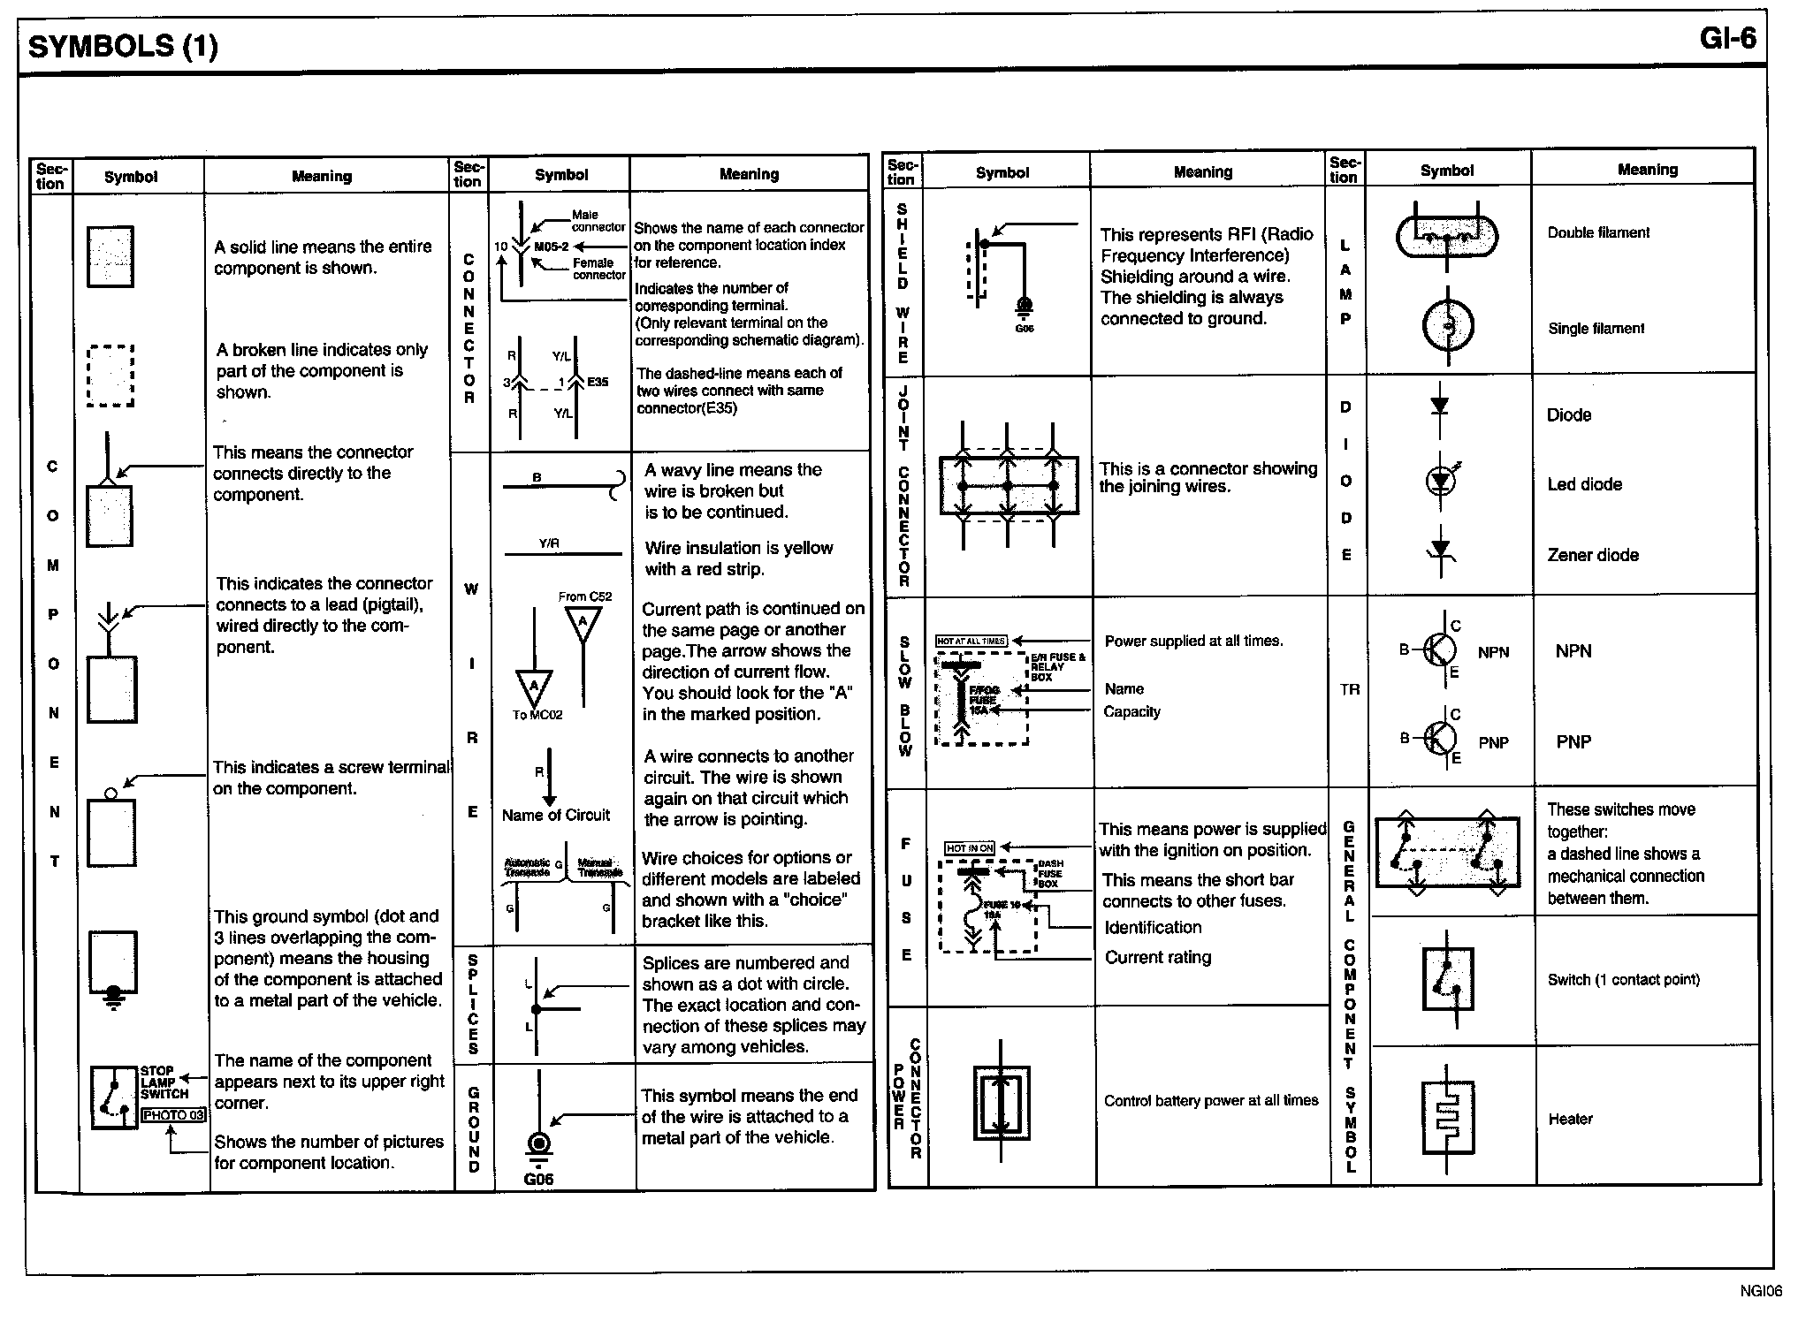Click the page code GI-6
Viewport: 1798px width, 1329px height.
[x=1726, y=39]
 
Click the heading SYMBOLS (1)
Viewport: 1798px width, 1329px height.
[x=123, y=46]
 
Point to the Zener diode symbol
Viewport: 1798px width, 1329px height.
[x=1441, y=552]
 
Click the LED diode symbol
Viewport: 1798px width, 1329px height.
[x=1442, y=481]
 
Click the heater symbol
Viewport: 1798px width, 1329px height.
[x=1447, y=1117]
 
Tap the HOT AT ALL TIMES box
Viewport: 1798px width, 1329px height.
[x=971, y=641]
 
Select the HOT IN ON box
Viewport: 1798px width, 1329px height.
[x=970, y=848]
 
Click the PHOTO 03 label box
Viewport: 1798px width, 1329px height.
[x=173, y=1115]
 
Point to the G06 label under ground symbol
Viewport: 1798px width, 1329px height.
[x=538, y=1179]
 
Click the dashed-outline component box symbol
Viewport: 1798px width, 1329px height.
[x=110, y=376]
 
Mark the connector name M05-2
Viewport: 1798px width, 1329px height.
[x=551, y=247]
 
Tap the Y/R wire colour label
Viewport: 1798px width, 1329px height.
[x=549, y=543]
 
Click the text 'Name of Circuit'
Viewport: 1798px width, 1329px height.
[x=555, y=815]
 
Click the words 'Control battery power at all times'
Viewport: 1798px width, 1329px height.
[x=1210, y=1100]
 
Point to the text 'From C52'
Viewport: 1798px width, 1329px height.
[x=584, y=596]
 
